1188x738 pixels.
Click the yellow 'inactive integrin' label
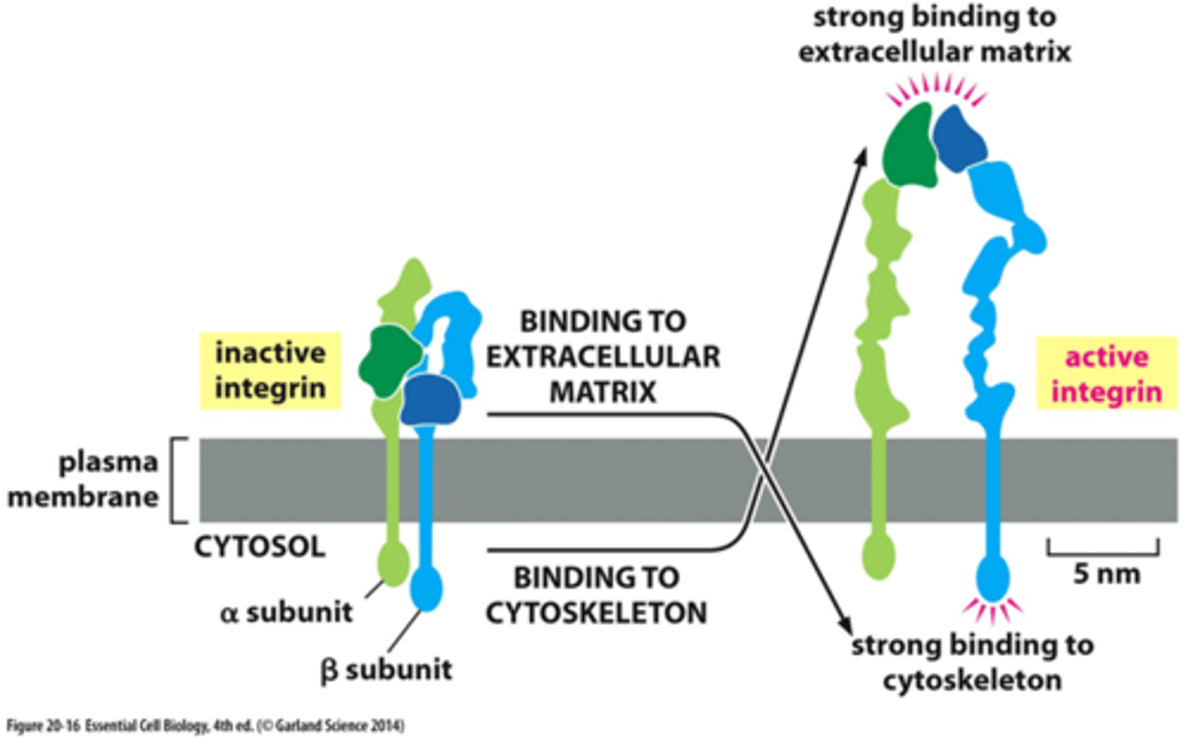click(x=270, y=371)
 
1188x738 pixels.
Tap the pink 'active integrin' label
click(x=1105, y=374)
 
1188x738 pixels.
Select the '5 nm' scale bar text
click(x=1105, y=573)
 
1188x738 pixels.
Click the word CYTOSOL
click(x=259, y=547)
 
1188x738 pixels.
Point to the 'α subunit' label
click(x=286, y=613)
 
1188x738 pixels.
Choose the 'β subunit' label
click(x=386, y=669)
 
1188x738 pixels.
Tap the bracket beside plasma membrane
click(x=177, y=481)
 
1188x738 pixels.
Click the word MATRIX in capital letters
click(x=603, y=392)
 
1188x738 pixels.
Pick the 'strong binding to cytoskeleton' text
click(x=972, y=662)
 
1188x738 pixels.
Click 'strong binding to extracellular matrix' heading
click(x=934, y=35)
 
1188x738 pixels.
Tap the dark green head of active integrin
click(x=908, y=145)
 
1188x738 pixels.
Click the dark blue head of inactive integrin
click(x=430, y=398)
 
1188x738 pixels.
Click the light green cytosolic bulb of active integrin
click(x=878, y=556)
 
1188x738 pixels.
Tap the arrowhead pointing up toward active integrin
click(x=861, y=157)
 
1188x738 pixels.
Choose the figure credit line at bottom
click(x=205, y=726)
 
